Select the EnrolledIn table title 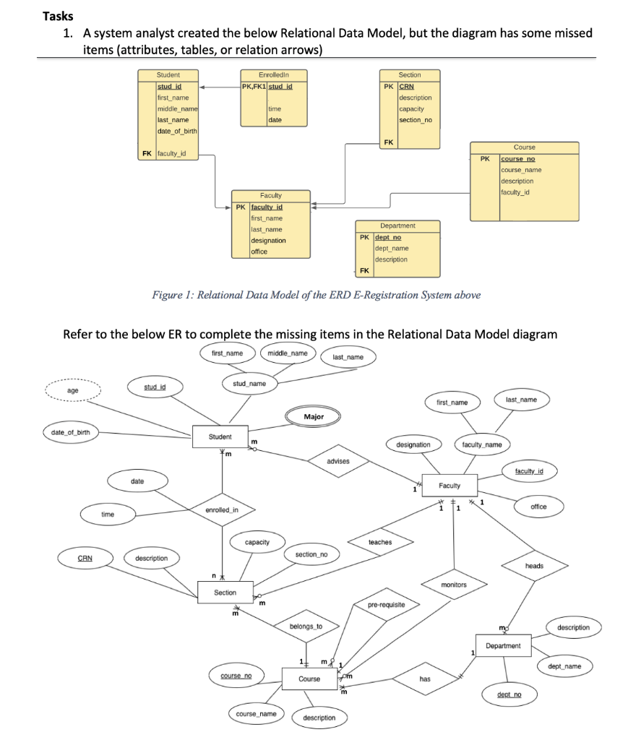(272, 75)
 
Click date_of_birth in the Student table (177, 131)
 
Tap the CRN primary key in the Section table (407, 86)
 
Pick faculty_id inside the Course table (515, 192)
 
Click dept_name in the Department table (392, 248)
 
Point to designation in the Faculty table (268, 240)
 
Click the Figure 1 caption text (316, 295)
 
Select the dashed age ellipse (72, 390)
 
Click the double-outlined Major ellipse (314, 417)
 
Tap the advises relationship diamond (338, 461)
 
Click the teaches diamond (380, 542)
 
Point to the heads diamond (534, 566)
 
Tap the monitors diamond (454, 584)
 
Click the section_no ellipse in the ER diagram (311, 554)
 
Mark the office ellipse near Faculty (538, 507)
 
